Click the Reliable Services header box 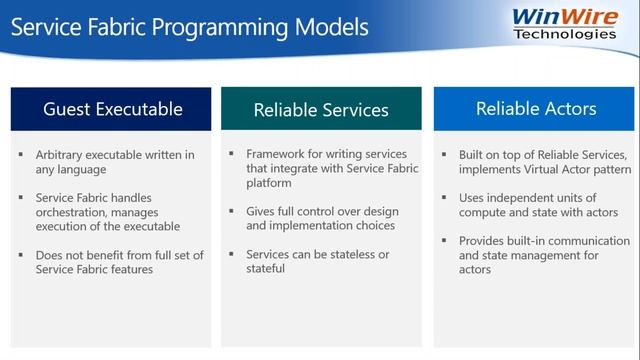[320, 110]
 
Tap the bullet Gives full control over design [322, 219]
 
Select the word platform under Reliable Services [270, 183]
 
